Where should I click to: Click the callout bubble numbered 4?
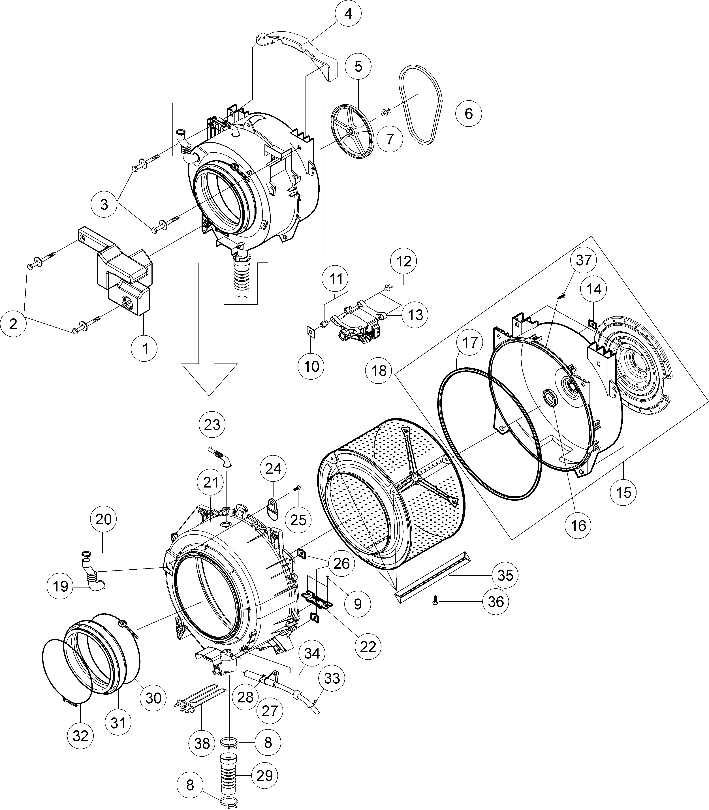point(348,14)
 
